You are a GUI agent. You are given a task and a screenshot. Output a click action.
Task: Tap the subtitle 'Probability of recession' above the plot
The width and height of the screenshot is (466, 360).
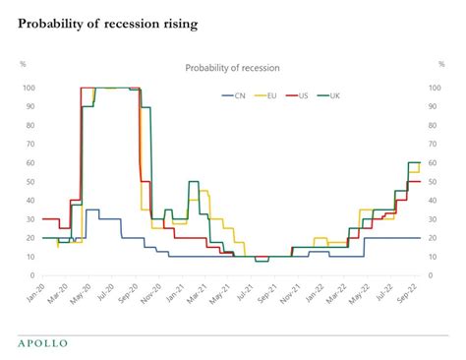pos(232,68)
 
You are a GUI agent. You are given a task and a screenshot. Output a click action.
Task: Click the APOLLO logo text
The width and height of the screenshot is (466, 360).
pos(44,342)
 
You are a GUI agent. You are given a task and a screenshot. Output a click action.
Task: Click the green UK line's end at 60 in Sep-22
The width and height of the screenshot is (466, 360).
pos(417,163)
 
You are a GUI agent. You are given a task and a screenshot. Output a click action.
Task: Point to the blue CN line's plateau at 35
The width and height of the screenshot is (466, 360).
pos(91,210)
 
